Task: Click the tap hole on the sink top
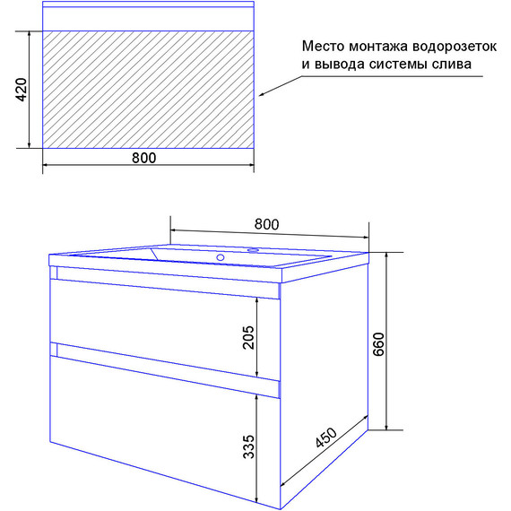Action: (x=252, y=250)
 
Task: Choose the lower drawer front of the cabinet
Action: (x=152, y=421)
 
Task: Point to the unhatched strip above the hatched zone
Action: (x=148, y=21)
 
